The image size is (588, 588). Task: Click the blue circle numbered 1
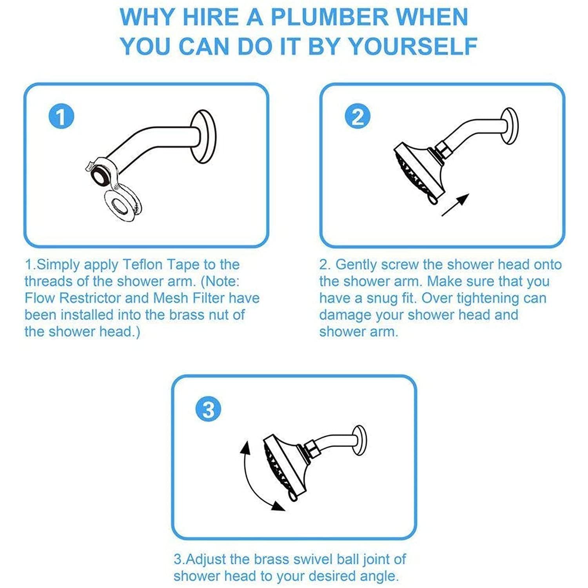pos(61,116)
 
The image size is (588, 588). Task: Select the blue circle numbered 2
pos(357,116)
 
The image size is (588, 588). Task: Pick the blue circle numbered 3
pos(208,410)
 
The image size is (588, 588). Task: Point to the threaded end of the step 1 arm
pos(101,174)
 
